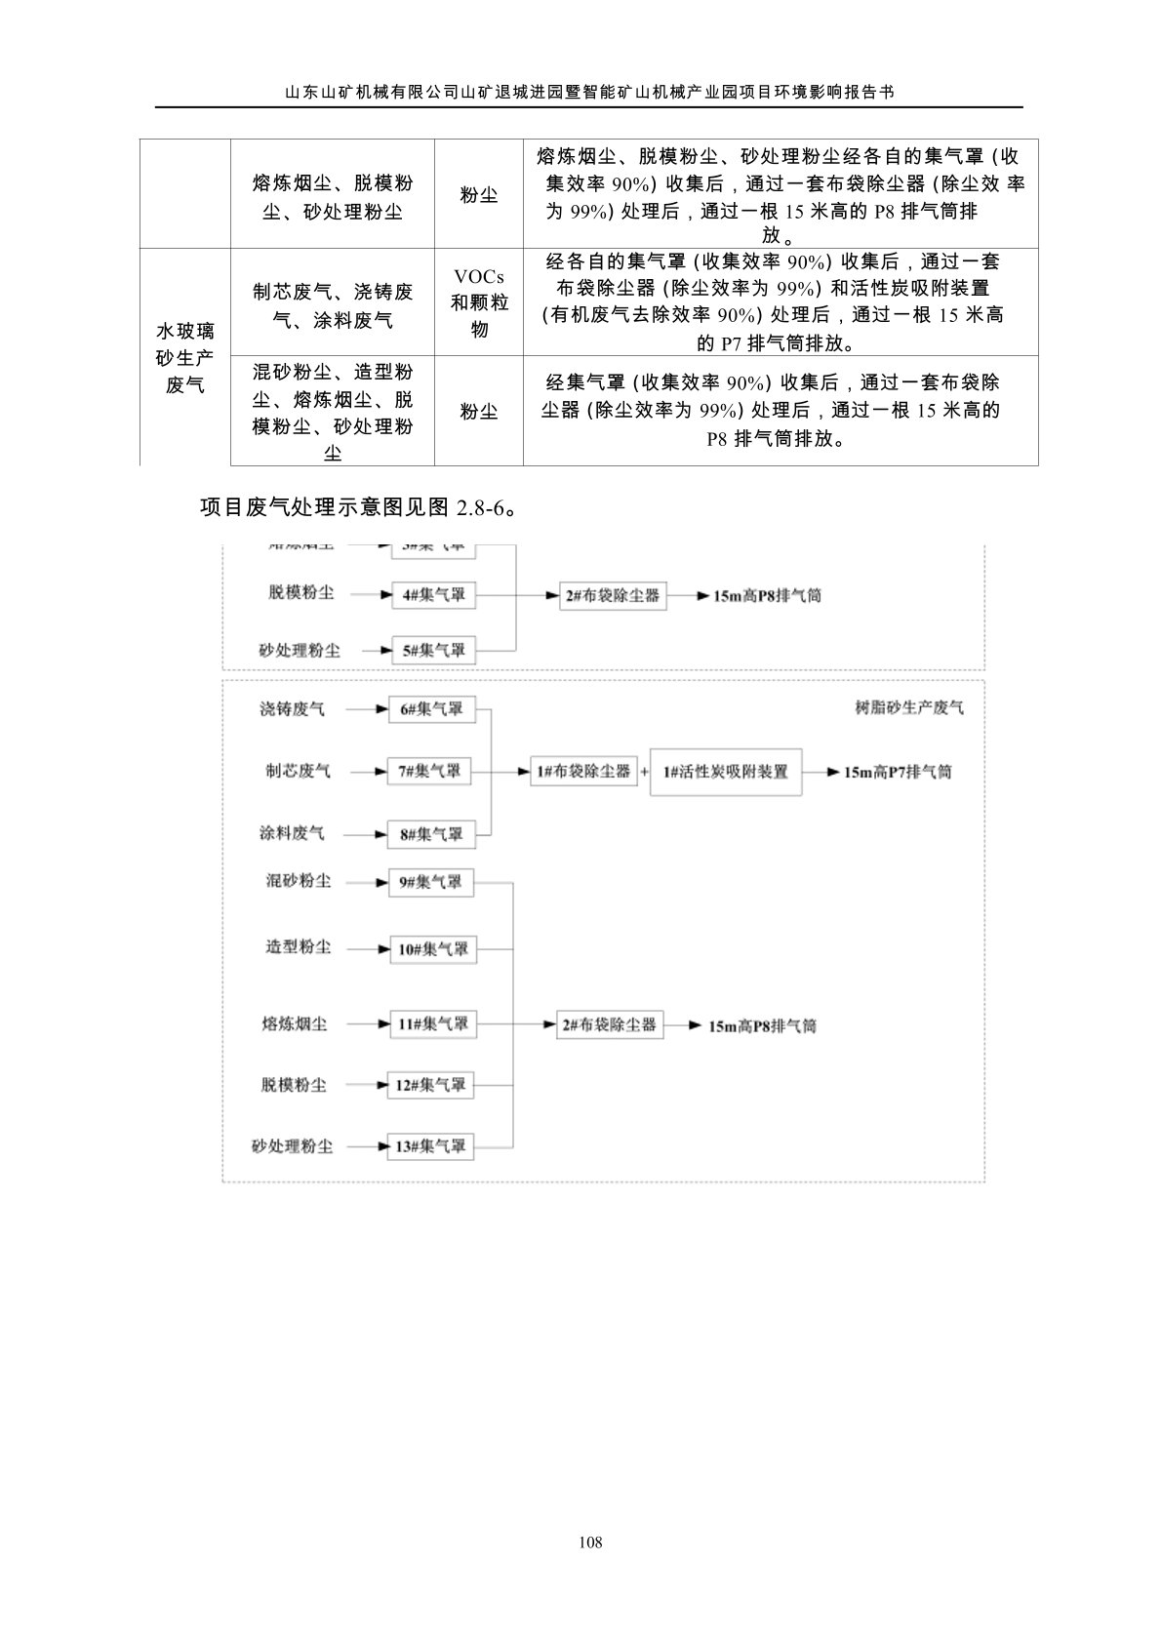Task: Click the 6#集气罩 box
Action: [431, 709]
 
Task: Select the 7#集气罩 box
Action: [430, 772]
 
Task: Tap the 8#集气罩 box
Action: [430, 834]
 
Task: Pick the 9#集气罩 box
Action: [431, 882]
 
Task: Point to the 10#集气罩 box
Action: [433, 948]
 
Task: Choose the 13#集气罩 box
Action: [430, 1146]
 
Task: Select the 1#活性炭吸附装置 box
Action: [726, 772]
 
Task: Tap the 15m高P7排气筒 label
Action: [898, 772]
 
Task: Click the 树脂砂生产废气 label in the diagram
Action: [909, 708]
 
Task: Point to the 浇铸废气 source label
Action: [292, 709]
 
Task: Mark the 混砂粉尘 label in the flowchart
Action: [298, 881]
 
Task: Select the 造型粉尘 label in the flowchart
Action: [298, 947]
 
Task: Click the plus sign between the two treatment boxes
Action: [645, 772]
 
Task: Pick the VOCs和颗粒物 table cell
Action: [479, 303]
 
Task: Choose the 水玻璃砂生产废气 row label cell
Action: [185, 358]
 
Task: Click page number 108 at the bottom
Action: [589, 1542]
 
